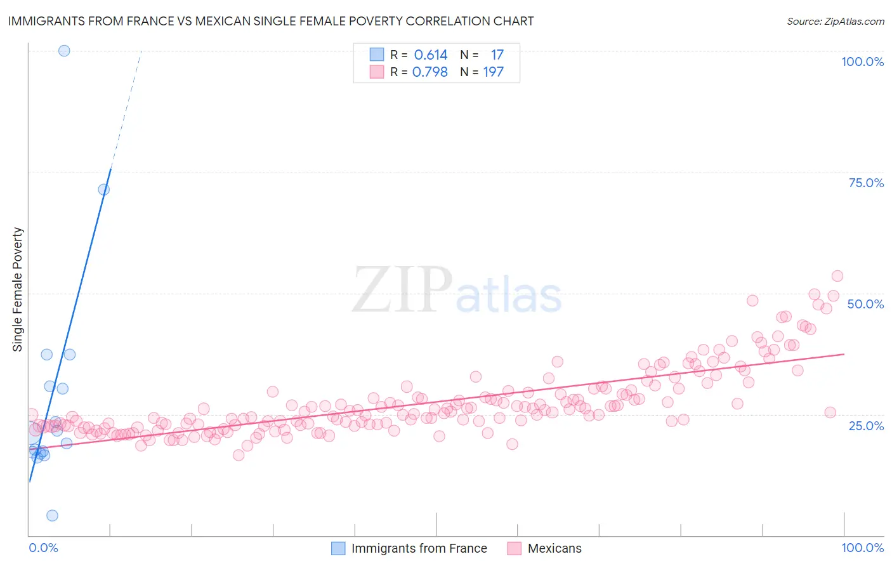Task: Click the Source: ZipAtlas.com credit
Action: click(x=835, y=21)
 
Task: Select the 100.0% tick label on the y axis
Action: click(x=862, y=62)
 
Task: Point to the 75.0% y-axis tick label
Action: click(x=866, y=183)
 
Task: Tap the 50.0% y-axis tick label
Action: click(x=865, y=304)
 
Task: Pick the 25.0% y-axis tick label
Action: click(x=866, y=426)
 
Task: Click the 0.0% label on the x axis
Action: click(x=43, y=548)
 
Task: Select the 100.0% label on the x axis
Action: click(x=862, y=548)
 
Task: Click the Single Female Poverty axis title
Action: click(x=18, y=289)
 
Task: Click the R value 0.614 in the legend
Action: click(x=431, y=55)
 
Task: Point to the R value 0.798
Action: click(x=430, y=72)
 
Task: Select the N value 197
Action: click(x=493, y=72)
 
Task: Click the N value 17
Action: click(x=497, y=55)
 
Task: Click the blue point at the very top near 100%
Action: click(x=64, y=51)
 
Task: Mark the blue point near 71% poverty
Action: click(x=103, y=189)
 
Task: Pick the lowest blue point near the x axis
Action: click(x=52, y=515)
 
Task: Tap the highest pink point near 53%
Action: click(x=837, y=276)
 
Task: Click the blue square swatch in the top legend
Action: click(x=377, y=55)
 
